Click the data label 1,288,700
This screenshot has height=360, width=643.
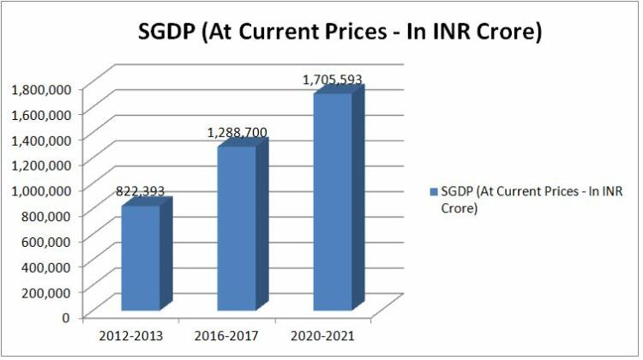pos(237,133)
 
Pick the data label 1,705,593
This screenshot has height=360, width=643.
pos(332,80)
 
